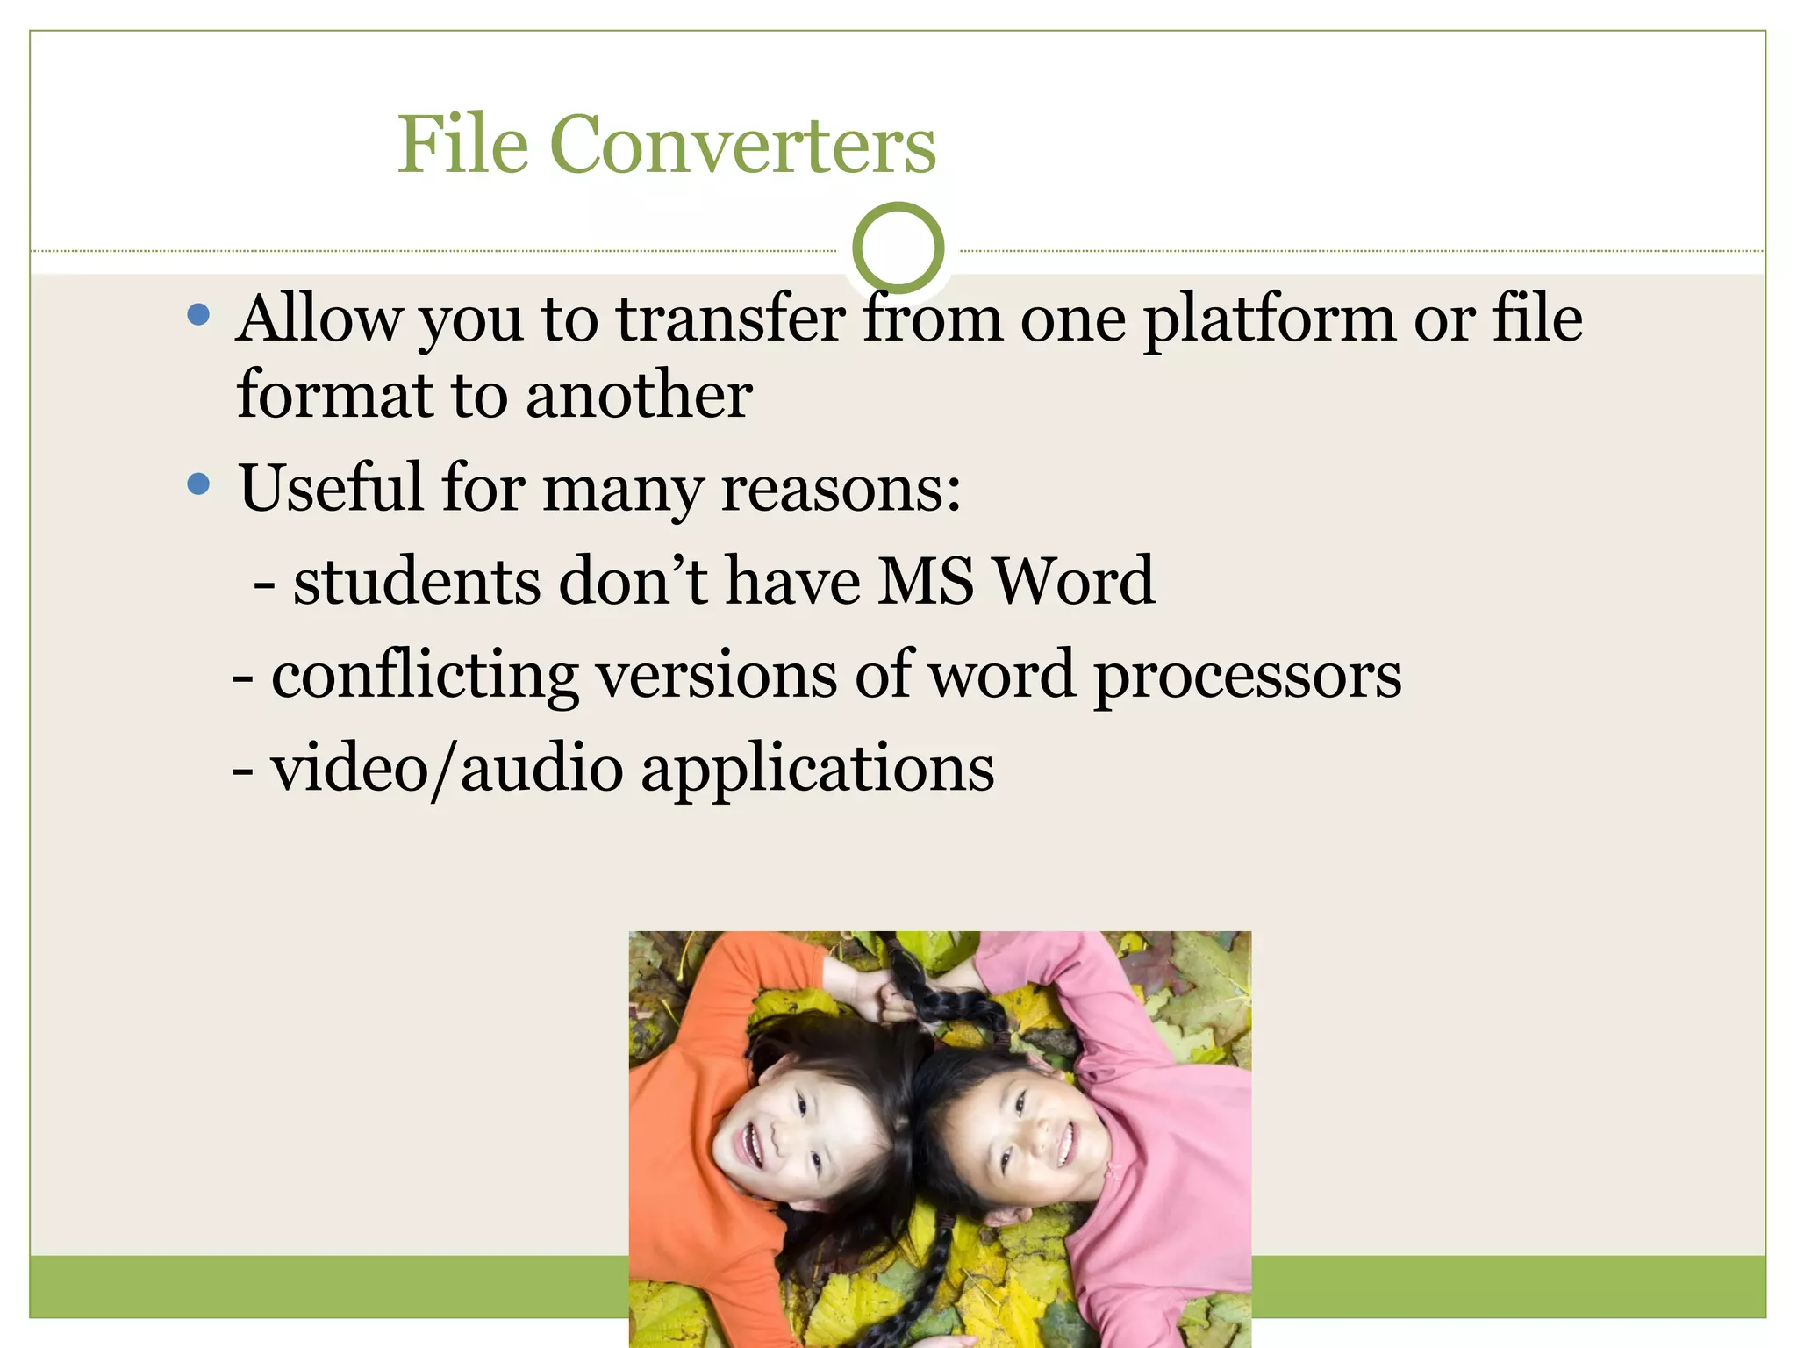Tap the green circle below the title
(x=898, y=248)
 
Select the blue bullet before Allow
(x=199, y=314)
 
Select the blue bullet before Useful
(x=199, y=483)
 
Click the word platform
(x=1269, y=320)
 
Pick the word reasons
(x=840, y=488)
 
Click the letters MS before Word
(x=926, y=581)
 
